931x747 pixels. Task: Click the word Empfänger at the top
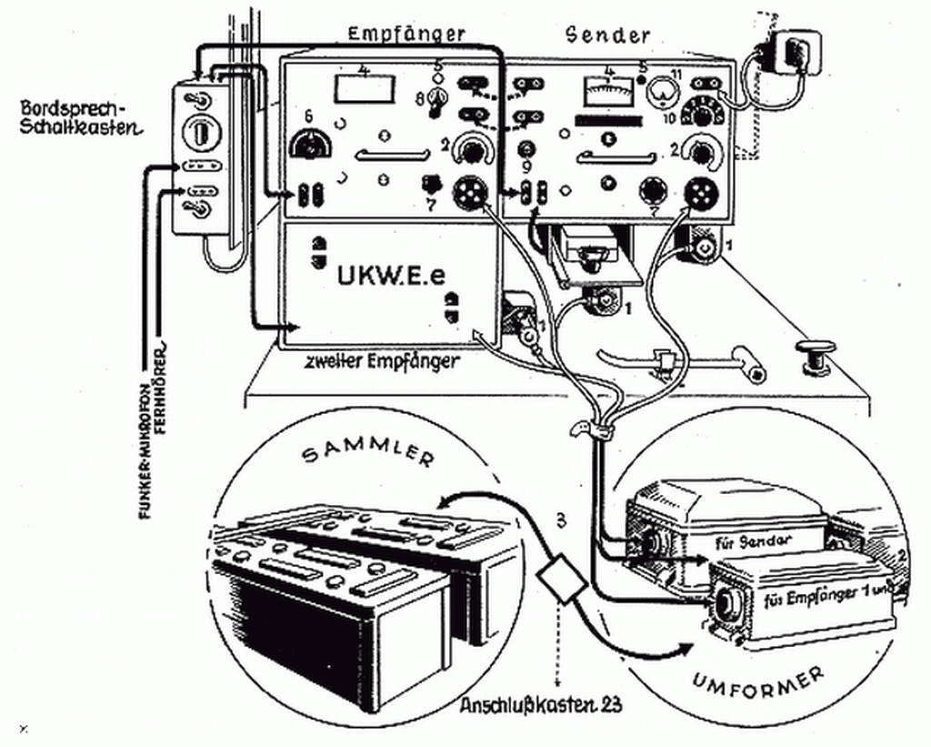[x=406, y=34]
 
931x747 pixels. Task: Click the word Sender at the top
[x=608, y=35]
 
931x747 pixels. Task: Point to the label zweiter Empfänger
[x=383, y=361]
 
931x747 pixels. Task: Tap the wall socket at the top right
[x=795, y=55]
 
